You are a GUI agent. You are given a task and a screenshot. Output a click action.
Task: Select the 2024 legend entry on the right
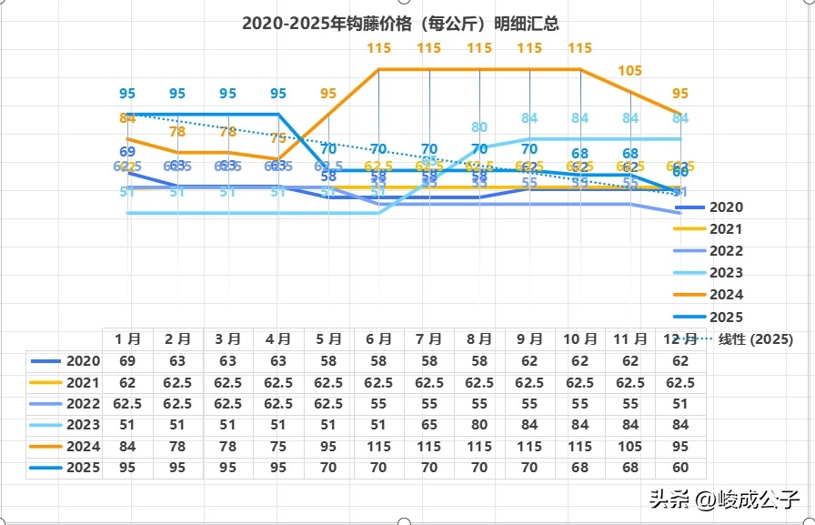tap(726, 295)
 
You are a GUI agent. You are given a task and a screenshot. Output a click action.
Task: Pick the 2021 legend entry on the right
tap(726, 229)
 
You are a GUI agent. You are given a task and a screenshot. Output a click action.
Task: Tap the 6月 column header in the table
tap(378, 339)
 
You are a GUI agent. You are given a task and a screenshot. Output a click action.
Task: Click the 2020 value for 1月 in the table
tap(127, 361)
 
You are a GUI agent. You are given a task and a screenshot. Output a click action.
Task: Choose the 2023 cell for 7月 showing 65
tap(428, 425)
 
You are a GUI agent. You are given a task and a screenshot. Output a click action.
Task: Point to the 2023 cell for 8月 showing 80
tap(478, 425)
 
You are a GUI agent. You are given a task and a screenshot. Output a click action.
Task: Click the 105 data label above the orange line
tap(629, 70)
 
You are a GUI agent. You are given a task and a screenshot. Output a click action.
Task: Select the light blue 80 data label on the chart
tap(479, 127)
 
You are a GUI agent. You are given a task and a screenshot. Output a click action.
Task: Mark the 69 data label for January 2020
tap(127, 151)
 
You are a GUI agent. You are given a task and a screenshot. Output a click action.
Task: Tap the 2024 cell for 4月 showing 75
tap(278, 447)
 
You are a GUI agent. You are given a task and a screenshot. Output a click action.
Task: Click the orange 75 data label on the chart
tap(278, 138)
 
